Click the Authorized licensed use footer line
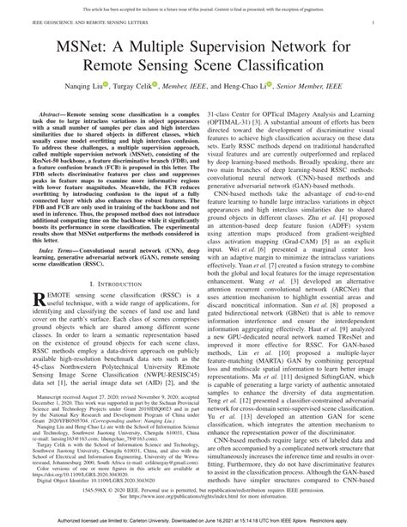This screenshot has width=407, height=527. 203,520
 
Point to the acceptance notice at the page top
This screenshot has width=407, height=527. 203,5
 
